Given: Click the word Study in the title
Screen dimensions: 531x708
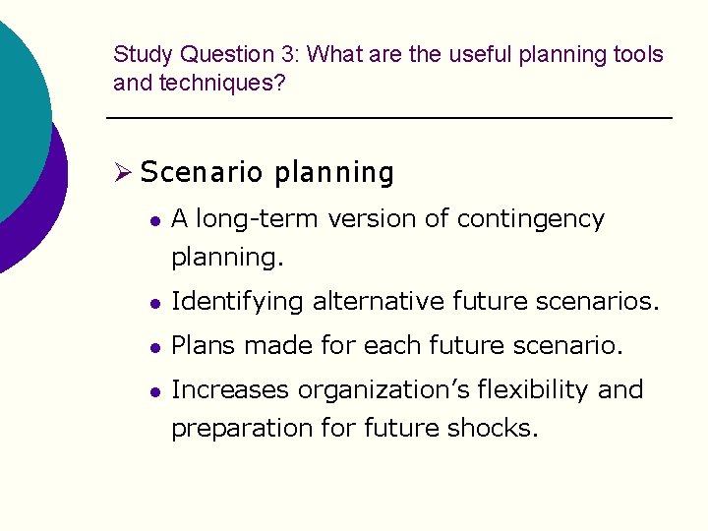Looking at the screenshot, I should click(x=138, y=55).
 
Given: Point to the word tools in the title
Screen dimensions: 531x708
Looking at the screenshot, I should click(x=638, y=55).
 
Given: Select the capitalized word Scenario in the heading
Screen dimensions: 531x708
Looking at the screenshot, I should click(x=203, y=173).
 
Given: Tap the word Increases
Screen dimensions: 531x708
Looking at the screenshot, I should click(x=231, y=390).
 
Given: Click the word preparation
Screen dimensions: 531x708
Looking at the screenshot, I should click(x=240, y=430).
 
